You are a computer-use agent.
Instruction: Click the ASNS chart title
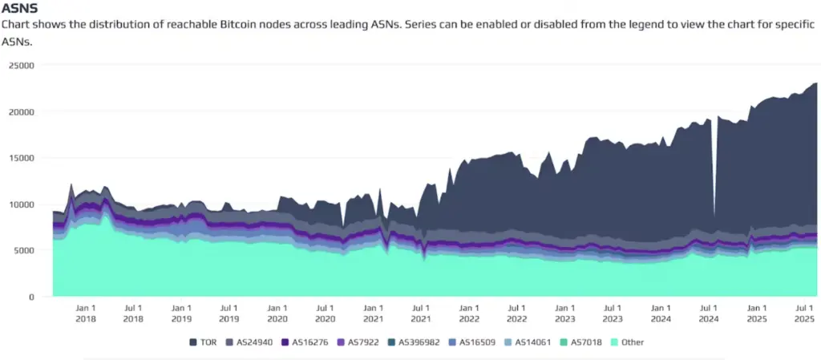pos(20,8)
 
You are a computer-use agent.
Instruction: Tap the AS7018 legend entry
pos(582,342)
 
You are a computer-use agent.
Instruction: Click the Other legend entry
pos(627,342)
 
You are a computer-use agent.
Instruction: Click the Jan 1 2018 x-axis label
pos(85,313)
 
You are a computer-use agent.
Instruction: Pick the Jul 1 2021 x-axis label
pos(420,313)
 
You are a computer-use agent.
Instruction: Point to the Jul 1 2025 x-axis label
pos(805,313)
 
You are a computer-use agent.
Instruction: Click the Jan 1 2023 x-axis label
pos(564,313)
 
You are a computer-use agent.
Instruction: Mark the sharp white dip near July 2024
pos(714,172)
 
